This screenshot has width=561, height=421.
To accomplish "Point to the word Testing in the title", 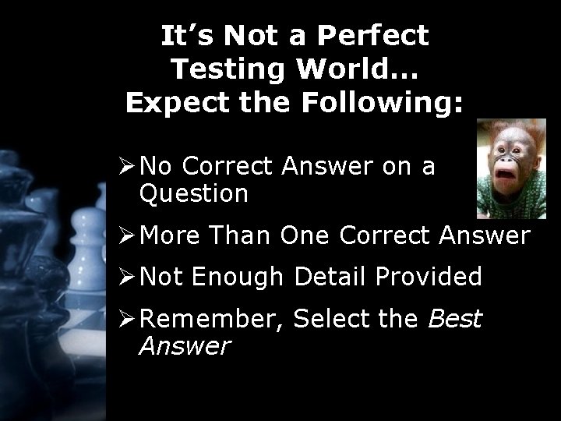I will [223, 69].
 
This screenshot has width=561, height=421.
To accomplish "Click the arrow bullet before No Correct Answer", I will [127, 166].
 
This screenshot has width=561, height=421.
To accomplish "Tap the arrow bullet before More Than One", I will [127, 235].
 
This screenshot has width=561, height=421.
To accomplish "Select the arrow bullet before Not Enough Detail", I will [127, 277].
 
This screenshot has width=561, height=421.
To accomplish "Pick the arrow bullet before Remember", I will [127, 319].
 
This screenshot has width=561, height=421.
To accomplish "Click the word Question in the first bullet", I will [193, 193].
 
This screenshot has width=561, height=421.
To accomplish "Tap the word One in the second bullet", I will [307, 235].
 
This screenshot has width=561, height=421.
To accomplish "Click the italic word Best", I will [455, 319].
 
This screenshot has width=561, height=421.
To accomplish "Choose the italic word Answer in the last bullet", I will [185, 345].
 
